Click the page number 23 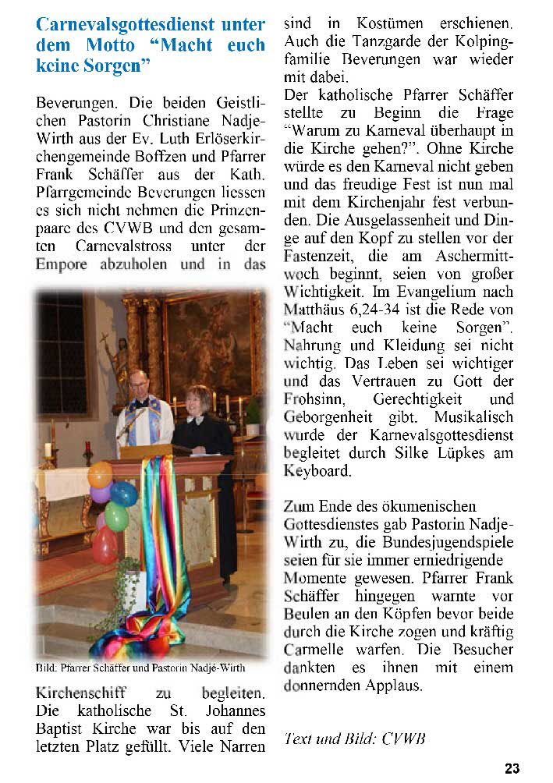point(512,768)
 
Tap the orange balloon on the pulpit point(100,474)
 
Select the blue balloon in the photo point(123,493)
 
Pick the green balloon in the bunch point(116,516)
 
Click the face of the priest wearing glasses point(138,384)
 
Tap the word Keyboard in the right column point(317,471)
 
